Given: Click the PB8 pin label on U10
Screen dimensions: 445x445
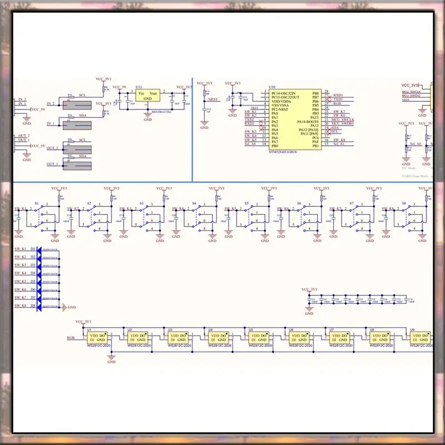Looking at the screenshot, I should [x=315, y=93].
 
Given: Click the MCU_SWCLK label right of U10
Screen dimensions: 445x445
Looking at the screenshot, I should [x=343, y=118].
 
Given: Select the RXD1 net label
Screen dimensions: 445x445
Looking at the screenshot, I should [x=338, y=95].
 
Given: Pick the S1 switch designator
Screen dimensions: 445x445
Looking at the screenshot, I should [x=37, y=204].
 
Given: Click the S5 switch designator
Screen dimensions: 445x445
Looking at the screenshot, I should [x=246, y=204].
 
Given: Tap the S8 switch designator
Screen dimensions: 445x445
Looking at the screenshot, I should [x=404, y=204].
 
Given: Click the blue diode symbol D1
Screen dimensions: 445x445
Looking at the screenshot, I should [x=40, y=249].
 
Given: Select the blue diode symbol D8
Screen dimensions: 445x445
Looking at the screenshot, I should [x=40, y=306].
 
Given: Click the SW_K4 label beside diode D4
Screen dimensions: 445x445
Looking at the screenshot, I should [x=21, y=273].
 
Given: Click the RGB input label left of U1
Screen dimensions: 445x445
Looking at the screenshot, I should [x=71, y=338].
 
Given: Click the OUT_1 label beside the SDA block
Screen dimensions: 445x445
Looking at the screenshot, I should [x=52, y=164].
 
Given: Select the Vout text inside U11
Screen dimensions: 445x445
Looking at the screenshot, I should [x=154, y=95].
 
